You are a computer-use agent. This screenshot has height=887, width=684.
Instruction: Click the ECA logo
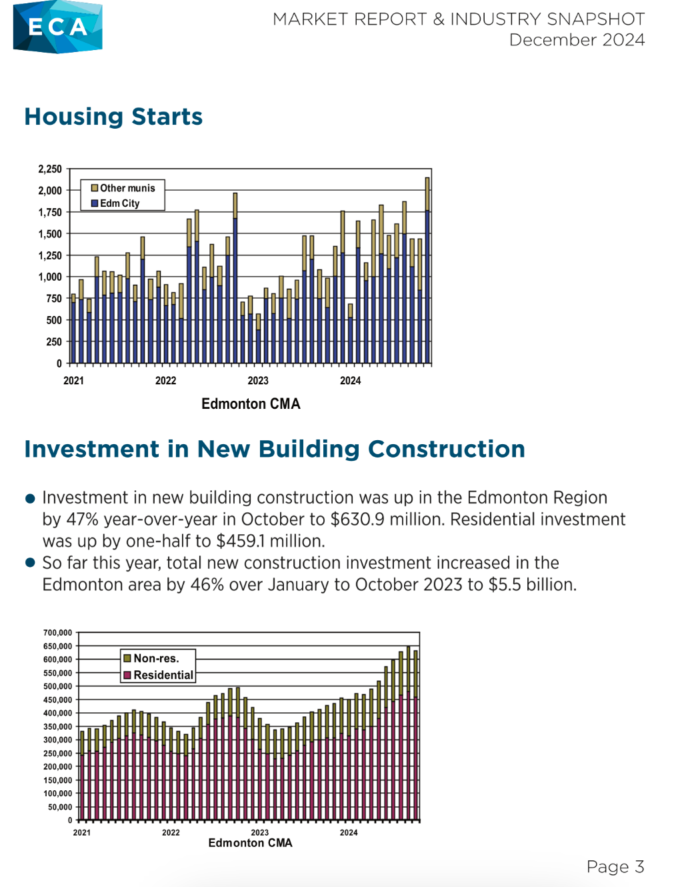coord(57,27)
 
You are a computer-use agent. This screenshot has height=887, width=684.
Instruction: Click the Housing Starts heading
coord(113,117)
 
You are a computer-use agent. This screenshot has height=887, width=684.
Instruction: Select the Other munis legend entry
coord(123,188)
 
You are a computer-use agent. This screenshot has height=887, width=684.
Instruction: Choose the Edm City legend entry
coord(115,203)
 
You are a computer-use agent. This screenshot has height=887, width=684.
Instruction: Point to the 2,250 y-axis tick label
coord(50,169)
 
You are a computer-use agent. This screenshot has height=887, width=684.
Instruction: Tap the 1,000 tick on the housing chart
coord(50,277)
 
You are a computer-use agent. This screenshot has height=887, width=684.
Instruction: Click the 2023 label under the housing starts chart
coord(258,381)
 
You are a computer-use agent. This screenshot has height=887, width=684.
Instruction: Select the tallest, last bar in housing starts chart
coord(427,270)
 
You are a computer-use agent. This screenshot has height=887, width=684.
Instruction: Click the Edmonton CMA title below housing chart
coord(251,404)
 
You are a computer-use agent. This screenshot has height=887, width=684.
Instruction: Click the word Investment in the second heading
coord(92,450)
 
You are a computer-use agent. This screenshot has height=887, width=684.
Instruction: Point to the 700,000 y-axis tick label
coord(57,633)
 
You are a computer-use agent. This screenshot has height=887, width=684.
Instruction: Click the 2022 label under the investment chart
coord(171,833)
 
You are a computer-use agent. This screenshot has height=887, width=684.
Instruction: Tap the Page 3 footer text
coord(615,866)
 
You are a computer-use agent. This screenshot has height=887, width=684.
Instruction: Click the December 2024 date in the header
coord(577,40)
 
